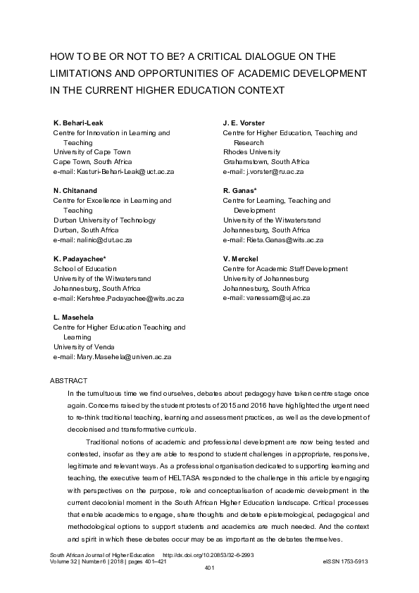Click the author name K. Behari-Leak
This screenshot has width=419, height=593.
[x=78, y=123]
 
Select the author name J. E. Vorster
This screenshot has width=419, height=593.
[x=244, y=123]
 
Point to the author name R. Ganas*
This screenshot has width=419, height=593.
[x=240, y=191]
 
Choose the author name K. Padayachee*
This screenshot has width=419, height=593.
[x=80, y=259]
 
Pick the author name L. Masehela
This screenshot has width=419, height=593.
[x=75, y=318]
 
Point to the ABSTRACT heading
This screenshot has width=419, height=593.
[x=68, y=380]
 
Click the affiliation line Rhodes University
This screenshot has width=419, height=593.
[x=251, y=152]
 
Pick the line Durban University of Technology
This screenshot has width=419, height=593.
[x=105, y=220]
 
